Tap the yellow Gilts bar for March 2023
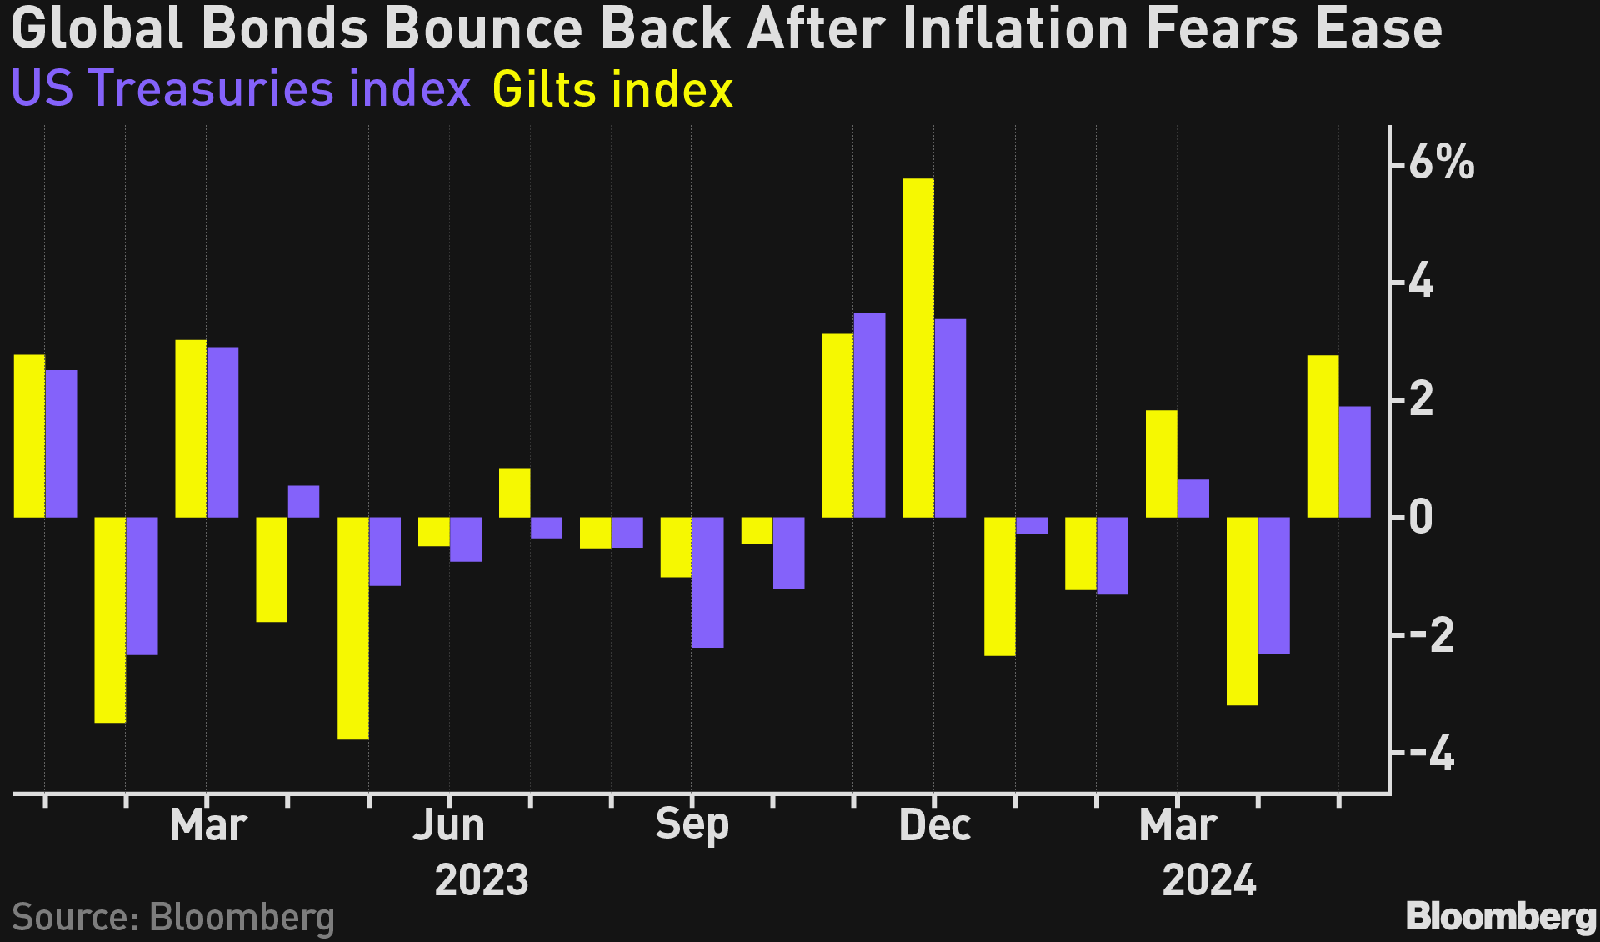pyautogui.click(x=191, y=428)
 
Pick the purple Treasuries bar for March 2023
pyautogui.click(x=222, y=433)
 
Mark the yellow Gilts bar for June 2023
pyautogui.click(x=433, y=532)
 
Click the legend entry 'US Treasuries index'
pyautogui.click(x=241, y=89)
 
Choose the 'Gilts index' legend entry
pyautogui.click(x=612, y=90)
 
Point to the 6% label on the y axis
pyautogui.click(x=1441, y=163)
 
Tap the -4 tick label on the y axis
pyautogui.click(x=1432, y=755)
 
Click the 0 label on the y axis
pyautogui.click(x=1422, y=518)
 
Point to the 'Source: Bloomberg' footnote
pyautogui.click(x=173, y=917)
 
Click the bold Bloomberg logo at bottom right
pyautogui.click(x=1501, y=917)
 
